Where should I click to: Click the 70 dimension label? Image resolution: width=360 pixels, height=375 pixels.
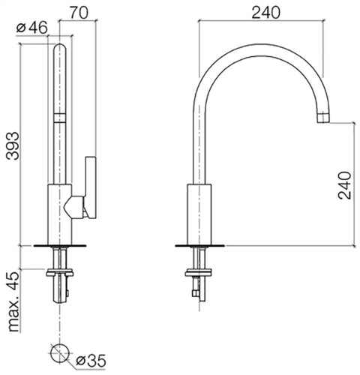[x=79, y=13]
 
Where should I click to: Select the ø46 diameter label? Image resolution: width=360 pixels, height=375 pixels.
[x=31, y=28]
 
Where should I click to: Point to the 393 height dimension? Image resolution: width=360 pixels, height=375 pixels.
[x=13, y=145]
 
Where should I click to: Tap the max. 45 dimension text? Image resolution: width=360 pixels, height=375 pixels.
[x=13, y=301]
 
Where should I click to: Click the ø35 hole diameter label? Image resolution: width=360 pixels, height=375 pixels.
[x=91, y=361]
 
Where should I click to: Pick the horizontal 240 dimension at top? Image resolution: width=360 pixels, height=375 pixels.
[x=265, y=13]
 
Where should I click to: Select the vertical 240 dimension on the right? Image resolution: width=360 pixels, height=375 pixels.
[x=344, y=185]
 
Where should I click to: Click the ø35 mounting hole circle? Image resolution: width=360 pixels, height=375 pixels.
[x=59, y=352]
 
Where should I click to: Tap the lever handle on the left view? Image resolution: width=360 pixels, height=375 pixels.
[x=91, y=187]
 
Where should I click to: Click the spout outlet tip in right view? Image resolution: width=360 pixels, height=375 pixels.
[x=323, y=118]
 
